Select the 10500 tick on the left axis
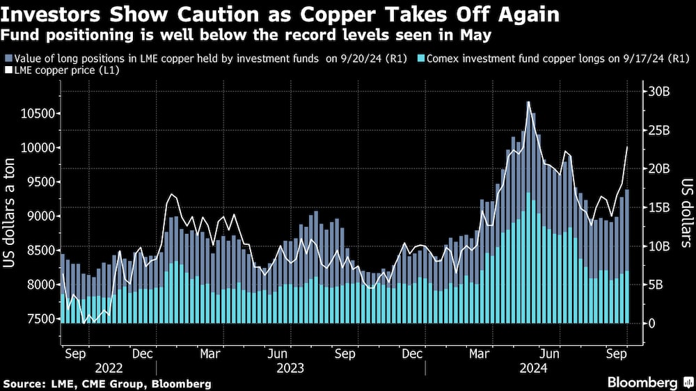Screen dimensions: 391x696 pos(35,114)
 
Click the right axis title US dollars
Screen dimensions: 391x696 pos(685,212)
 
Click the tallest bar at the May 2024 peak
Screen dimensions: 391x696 pos(528,209)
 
